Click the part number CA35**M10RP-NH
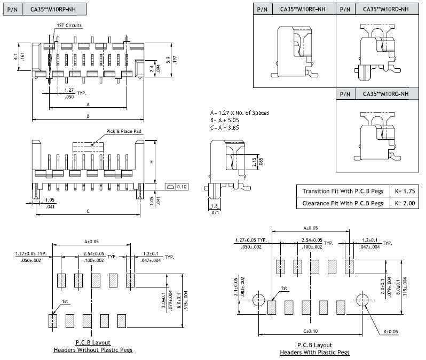(53, 10)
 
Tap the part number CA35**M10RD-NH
(385, 9)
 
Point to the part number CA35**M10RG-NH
(385, 94)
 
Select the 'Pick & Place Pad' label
(124, 131)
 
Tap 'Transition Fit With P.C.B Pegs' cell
(342, 191)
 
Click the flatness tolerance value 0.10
(182, 187)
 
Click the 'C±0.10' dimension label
(311, 332)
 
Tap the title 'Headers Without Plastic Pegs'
(93, 350)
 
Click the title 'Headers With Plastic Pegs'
(315, 353)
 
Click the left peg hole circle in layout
(260, 299)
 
